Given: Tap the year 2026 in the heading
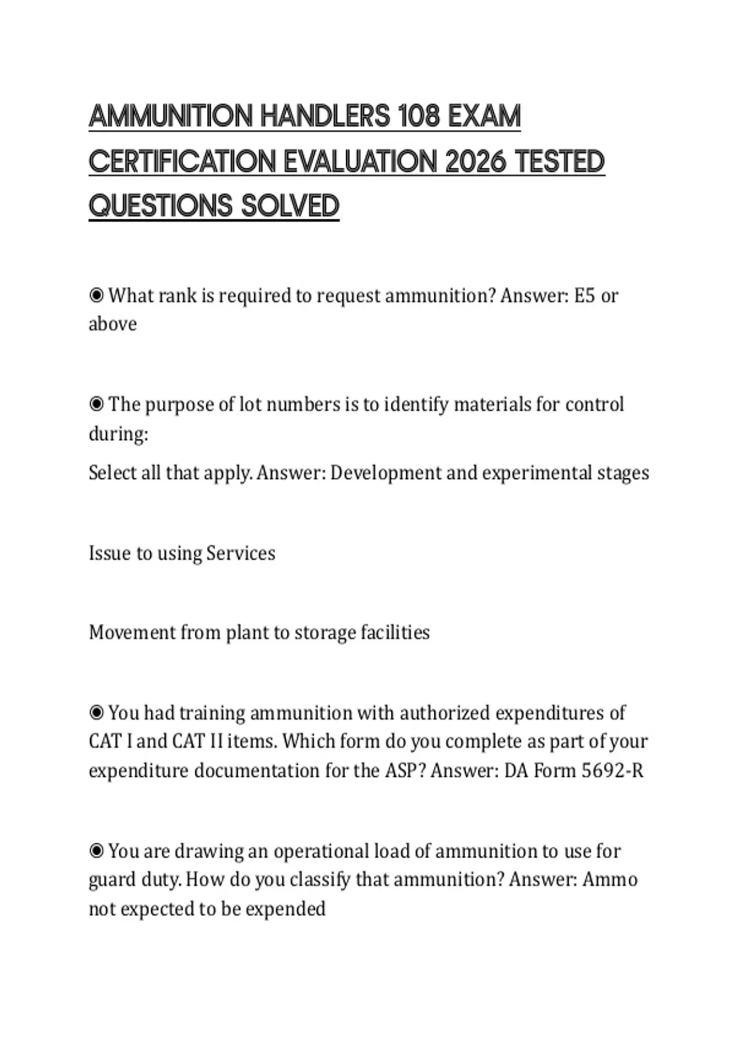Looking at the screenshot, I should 476,162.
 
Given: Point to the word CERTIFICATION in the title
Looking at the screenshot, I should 182,162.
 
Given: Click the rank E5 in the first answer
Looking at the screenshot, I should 584,295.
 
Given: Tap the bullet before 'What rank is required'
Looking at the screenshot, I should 96,295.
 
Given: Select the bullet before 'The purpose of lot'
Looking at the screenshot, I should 96,405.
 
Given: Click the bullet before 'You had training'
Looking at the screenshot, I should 96,713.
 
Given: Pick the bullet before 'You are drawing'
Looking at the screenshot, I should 96,851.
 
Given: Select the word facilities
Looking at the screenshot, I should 396,633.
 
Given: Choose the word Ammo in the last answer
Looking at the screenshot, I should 610,880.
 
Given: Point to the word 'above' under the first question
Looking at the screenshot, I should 112,324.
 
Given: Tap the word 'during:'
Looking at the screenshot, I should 118,433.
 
